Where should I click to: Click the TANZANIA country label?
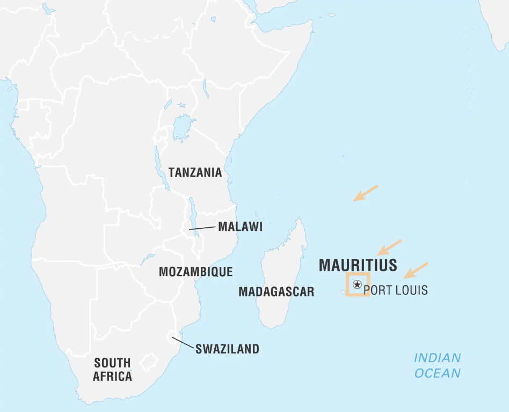point(195,172)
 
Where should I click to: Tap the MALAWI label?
point(240,227)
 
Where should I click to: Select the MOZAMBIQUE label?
point(195,272)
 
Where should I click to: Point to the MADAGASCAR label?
point(276,292)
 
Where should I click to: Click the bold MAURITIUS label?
point(358,265)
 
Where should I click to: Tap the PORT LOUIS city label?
point(396,291)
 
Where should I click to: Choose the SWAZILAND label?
point(227,349)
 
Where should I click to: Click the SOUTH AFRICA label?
point(112,369)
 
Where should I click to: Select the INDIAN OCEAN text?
point(437,365)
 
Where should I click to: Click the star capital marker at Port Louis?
point(357,285)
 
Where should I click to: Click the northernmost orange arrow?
point(366,193)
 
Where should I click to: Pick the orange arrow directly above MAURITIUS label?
point(389,247)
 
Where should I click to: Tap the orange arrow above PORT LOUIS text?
point(416,270)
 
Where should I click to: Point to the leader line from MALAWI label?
point(202,228)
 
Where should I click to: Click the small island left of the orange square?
point(342,292)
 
